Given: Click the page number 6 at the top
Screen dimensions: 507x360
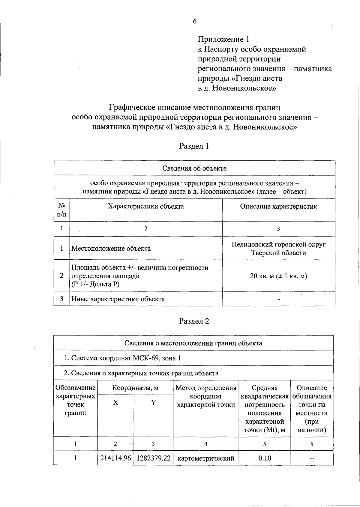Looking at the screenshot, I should pos(194,21).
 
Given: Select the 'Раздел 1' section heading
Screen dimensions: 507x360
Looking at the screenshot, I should pos(194,146).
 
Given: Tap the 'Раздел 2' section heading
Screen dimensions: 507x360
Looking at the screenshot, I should pos(194,321).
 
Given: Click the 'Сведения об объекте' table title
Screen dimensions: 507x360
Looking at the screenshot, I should pos(194,168).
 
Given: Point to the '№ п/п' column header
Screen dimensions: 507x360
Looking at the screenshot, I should pos(61,210).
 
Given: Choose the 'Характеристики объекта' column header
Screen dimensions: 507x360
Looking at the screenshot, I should pos(146,206).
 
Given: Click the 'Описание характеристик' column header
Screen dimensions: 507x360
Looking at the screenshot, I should pos(278,206).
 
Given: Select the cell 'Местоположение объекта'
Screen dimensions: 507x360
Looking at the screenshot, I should pos(111,248).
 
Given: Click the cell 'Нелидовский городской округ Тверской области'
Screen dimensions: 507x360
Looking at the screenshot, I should pos(278,248).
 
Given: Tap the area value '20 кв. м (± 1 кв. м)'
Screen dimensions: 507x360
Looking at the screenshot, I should pos(278,276).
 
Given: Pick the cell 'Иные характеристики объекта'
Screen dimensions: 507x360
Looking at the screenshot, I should pos(118,299).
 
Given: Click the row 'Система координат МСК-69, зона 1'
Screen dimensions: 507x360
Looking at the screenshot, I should pos(122,358).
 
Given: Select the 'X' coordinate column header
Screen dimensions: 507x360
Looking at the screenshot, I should pos(115,403).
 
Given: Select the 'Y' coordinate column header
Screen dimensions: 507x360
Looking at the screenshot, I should pos(153,403).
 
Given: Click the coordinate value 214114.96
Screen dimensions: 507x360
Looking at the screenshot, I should pos(115,458).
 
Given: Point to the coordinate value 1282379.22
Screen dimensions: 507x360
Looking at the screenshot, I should pos(153,458).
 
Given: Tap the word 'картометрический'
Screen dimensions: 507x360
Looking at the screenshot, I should pos(206,458).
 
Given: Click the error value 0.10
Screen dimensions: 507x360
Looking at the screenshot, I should pos(265,458).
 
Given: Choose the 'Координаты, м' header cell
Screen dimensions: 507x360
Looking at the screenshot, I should pos(135,388).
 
